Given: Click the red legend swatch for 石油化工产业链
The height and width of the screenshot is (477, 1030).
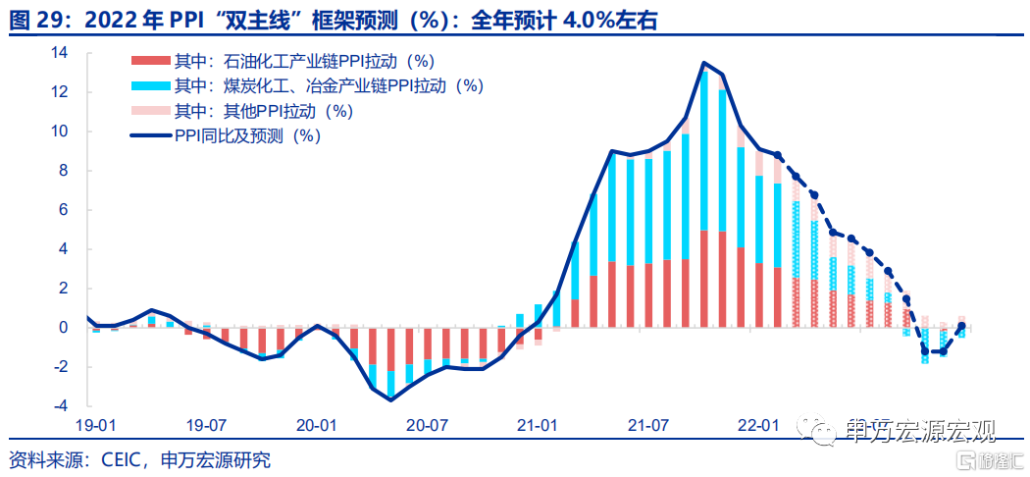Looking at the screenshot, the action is [x=150, y=62].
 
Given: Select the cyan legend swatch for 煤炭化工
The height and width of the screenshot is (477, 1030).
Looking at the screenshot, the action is [x=150, y=86].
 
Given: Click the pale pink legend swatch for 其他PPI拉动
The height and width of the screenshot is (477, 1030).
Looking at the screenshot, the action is [x=150, y=111].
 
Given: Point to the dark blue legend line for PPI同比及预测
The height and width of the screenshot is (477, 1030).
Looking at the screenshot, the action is [x=150, y=136].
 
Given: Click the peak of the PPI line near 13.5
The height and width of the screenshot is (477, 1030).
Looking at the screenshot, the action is [x=703, y=63].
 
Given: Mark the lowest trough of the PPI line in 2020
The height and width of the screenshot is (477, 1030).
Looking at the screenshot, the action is [x=390, y=400].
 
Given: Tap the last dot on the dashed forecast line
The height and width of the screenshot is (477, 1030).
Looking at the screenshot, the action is [x=961, y=325].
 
